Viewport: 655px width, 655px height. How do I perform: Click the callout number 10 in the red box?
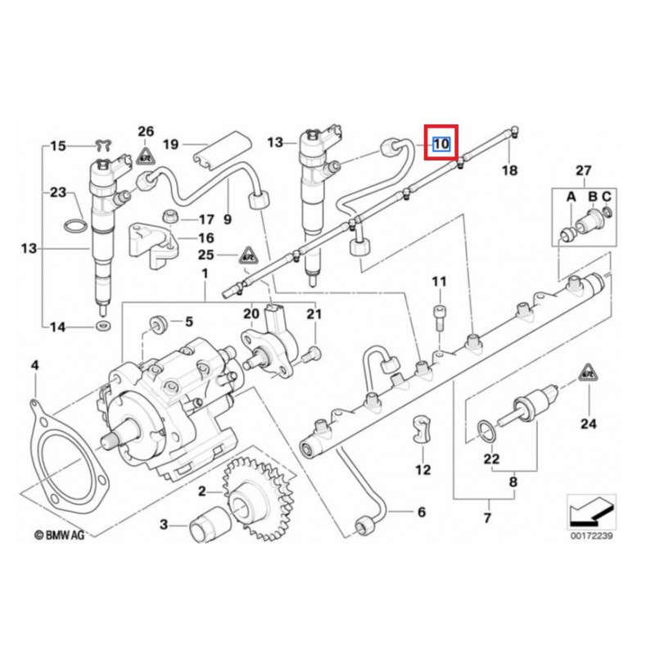441,144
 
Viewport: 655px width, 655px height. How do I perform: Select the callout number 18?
509,170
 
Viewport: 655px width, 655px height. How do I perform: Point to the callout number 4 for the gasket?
35,365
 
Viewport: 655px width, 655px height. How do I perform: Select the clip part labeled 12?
420,430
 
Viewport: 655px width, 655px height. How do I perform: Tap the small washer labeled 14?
102,325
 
